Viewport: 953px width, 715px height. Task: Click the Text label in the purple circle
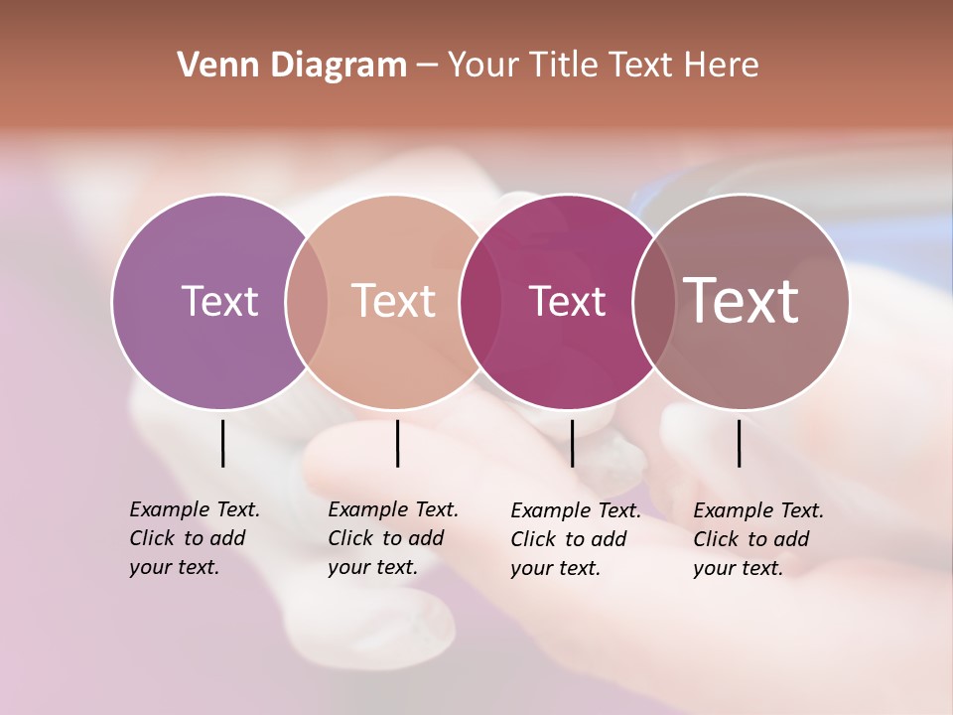pos(219,301)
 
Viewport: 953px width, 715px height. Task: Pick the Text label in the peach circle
pos(393,301)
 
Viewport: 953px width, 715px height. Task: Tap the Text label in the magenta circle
pos(567,301)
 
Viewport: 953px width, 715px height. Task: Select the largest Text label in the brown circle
pos(741,300)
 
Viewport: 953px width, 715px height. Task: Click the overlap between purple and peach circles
pos(307,301)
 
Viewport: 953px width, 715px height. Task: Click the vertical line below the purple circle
pos(222,443)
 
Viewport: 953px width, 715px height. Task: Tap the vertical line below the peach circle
pos(397,443)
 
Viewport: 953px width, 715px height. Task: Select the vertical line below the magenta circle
pos(572,443)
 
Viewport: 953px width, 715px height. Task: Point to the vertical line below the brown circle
pos(739,443)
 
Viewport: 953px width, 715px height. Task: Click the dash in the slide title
pos(427,67)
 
